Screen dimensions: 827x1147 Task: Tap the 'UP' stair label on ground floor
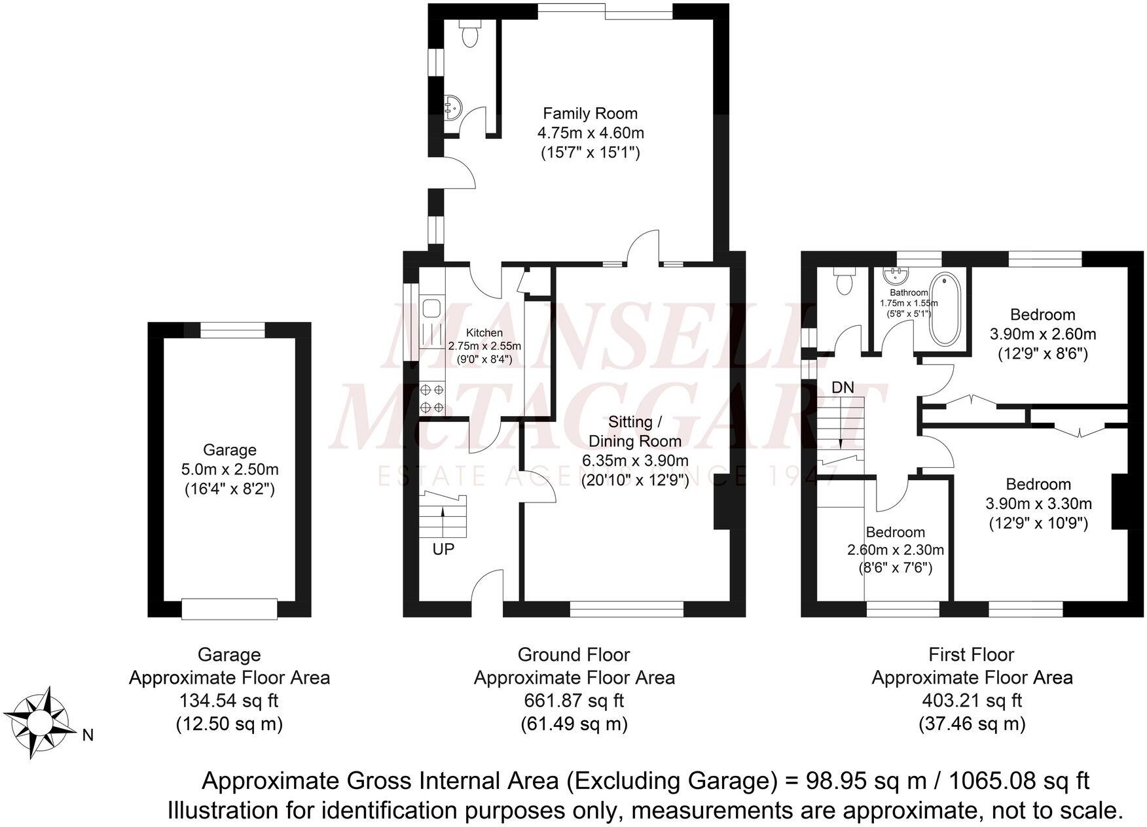coord(443,549)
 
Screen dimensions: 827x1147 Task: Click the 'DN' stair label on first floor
coord(843,387)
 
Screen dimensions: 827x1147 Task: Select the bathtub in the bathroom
coord(944,310)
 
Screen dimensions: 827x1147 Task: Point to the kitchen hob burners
coord(431,398)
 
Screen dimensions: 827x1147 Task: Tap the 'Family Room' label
coord(590,113)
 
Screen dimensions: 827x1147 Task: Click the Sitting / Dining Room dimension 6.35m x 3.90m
coord(635,461)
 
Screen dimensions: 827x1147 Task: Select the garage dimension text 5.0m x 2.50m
coord(229,469)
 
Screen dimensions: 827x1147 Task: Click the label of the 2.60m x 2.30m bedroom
coord(895,532)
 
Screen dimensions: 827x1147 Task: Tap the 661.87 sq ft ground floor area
coord(573,701)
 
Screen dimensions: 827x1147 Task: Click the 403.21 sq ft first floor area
coord(972,701)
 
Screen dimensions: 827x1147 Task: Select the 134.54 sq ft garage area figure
coord(229,701)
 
